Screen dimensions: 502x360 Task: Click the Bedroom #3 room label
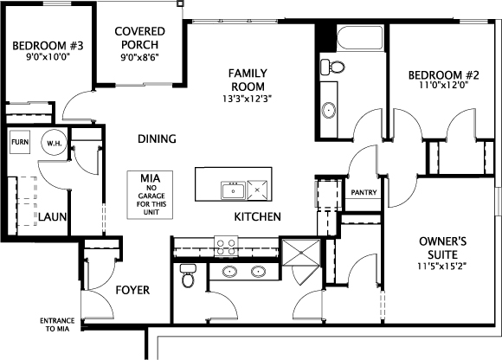[48, 46]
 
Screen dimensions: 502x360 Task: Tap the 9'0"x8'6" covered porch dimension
[140, 57]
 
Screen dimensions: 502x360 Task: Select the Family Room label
[248, 80]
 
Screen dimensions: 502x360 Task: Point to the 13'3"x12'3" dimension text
[248, 99]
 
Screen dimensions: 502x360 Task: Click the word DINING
[157, 138]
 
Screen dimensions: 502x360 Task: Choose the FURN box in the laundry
[20, 142]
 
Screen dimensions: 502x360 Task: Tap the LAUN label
[53, 217]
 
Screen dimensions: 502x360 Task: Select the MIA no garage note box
[150, 195]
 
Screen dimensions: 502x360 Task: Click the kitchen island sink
[234, 190]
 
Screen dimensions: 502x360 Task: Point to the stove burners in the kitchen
[226, 247]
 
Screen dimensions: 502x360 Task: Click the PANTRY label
[364, 192]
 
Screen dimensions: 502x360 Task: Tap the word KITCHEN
[258, 217]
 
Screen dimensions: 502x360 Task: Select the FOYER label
[132, 290]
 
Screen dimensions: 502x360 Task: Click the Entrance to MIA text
[57, 325]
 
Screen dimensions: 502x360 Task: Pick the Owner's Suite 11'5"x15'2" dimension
[442, 266]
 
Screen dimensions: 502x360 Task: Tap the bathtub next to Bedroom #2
[360, 38]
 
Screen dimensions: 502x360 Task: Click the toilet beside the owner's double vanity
[188, 275]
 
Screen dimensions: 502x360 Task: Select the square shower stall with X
[301, 253]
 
